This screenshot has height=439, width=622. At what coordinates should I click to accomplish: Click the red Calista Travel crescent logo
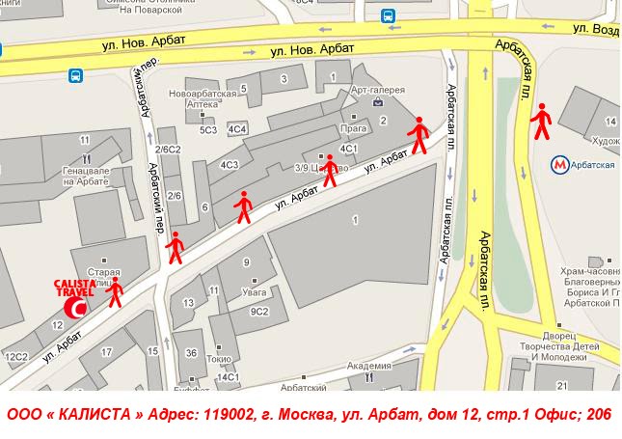click(x=75, y=308)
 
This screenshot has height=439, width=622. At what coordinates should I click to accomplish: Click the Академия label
click(x=368, y=366)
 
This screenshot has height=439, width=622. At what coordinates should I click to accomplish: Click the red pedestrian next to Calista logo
click(x=116, y=292)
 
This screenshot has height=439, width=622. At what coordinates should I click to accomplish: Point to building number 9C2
click(x=258, y=311)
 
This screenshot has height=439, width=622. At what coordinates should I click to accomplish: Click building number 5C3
click(x=208, y=128)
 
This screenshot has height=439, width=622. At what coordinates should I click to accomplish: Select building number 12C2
click(x=16, y=357)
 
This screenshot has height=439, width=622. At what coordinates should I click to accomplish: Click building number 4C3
click(x=230, y=165)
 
